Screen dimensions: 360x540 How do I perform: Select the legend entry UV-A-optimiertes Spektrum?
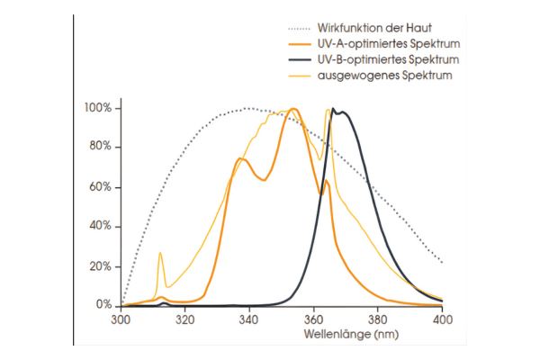pos(388,42)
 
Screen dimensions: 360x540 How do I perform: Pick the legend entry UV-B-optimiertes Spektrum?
pos(388,59)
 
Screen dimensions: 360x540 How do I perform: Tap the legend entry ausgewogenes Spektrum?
pos(383,76)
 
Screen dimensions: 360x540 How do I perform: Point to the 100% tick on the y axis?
pos(97,108)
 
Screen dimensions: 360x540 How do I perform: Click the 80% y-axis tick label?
pos(100,148)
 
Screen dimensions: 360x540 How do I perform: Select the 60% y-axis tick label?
pos(100,187)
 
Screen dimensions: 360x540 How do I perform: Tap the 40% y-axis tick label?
pos(100,227)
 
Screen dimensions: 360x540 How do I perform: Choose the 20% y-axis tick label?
pos(100,266)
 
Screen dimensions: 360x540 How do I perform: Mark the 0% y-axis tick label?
pos(103,306)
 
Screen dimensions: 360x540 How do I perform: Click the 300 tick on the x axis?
pos(121,319)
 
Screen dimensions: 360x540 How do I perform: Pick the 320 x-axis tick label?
pos(184,319)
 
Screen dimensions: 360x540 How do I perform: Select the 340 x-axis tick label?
pos(249,319)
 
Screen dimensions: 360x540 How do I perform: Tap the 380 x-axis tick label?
pos(378,319)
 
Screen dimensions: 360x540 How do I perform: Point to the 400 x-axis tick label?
pos(442,319)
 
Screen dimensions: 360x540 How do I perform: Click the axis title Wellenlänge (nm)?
pos(281,335)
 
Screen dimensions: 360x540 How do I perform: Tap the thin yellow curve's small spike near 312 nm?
pos(160,254)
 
